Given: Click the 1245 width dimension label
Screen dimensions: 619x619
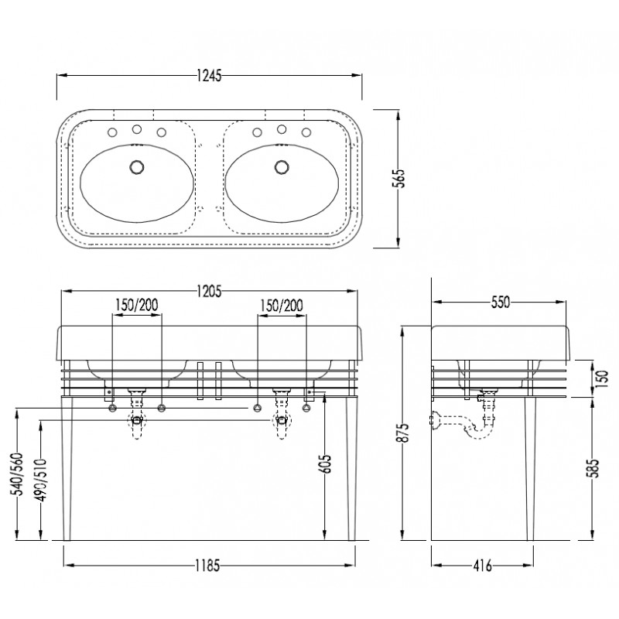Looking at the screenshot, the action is point(209,75).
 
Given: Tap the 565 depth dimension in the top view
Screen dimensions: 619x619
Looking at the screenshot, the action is point(400,179).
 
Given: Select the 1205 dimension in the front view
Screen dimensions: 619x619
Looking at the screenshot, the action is point(209,292).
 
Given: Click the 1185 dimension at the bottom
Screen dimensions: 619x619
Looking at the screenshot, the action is point(207,566).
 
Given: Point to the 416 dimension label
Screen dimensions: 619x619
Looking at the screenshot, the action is point(482,566).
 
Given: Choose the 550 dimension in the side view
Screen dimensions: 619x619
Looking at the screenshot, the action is point(501,303).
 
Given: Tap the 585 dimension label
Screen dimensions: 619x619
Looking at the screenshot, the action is point(593,468).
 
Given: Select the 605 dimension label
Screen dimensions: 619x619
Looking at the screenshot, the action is point(327,463).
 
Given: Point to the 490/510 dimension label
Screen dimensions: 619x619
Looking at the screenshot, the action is point(42,479).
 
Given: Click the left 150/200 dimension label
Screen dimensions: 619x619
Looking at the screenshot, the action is point(137,305).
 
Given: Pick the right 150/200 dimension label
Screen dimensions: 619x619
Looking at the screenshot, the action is point(282,306).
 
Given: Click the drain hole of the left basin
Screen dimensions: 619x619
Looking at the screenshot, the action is point(137,166).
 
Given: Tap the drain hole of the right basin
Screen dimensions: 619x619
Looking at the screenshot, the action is point(282,166).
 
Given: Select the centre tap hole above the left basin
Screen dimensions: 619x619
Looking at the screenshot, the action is point(137,129).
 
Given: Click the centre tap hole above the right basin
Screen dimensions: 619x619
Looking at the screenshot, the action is point(282,129).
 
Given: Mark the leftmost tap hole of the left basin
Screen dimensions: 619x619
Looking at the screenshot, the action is point(112,132).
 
